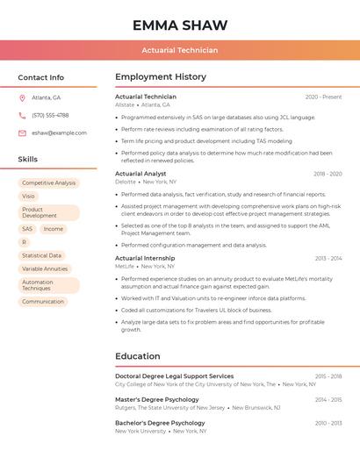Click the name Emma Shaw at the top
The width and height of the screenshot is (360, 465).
179,25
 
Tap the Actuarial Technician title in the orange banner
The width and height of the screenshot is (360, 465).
179,50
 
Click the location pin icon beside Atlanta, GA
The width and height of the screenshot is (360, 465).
22,97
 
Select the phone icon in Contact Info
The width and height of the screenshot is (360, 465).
22,115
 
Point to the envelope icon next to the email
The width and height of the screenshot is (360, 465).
22,133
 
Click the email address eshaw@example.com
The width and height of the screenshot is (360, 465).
59,133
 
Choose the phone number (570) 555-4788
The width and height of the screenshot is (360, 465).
50,115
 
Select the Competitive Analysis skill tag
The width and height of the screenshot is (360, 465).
48,183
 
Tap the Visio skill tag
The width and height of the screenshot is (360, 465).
29,197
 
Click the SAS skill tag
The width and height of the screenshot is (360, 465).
27,229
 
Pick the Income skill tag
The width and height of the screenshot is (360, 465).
54,229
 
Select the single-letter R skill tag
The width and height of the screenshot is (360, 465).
25,242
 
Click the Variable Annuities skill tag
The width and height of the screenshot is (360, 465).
45,269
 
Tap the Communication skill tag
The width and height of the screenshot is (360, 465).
43,302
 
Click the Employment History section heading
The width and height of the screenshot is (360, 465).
161,77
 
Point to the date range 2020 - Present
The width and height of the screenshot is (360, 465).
323,97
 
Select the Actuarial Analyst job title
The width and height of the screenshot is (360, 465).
140,174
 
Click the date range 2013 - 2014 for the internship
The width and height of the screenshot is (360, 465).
328,259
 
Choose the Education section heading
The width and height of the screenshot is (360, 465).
138,356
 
